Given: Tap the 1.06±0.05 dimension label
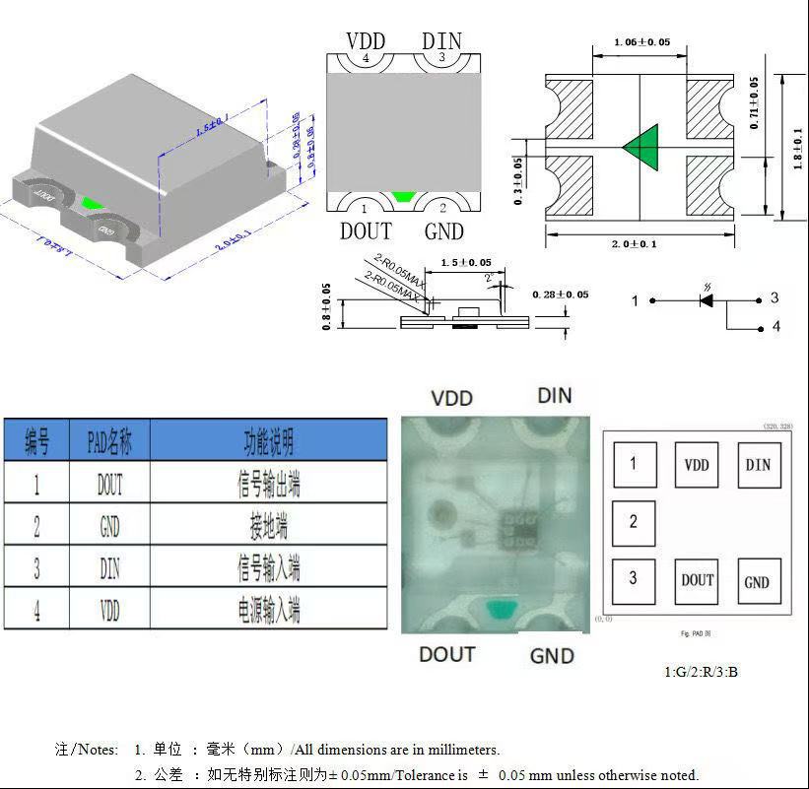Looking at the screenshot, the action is click(x=641, y=42).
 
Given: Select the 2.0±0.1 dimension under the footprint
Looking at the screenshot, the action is click(x=640, y=244).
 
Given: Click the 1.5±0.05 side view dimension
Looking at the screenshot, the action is click(x=465, y=263).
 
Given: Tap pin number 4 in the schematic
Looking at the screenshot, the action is click(x=775, y=327).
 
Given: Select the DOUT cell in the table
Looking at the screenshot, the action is click(x=109, y=484).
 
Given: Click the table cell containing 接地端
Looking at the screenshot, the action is click(x=268, y=526).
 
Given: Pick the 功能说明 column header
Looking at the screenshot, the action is click(x=268, y=441).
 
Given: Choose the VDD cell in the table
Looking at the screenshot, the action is click(x=109, y=610).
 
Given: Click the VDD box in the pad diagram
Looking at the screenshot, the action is click(x=697, y=465).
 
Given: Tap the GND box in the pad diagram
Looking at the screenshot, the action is click(x=757, y=581).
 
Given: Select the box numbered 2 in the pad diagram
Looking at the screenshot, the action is click(x=634, y=522).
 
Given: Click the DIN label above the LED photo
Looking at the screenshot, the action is click(x=555, y=396).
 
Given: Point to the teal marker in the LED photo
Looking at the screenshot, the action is click(x=501, y=611).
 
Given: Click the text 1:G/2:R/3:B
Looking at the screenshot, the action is click(x=700, y=672).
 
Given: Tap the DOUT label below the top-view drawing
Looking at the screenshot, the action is click(x=366, y=231).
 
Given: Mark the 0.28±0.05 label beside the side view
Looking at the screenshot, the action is click(x=560, y=295).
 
